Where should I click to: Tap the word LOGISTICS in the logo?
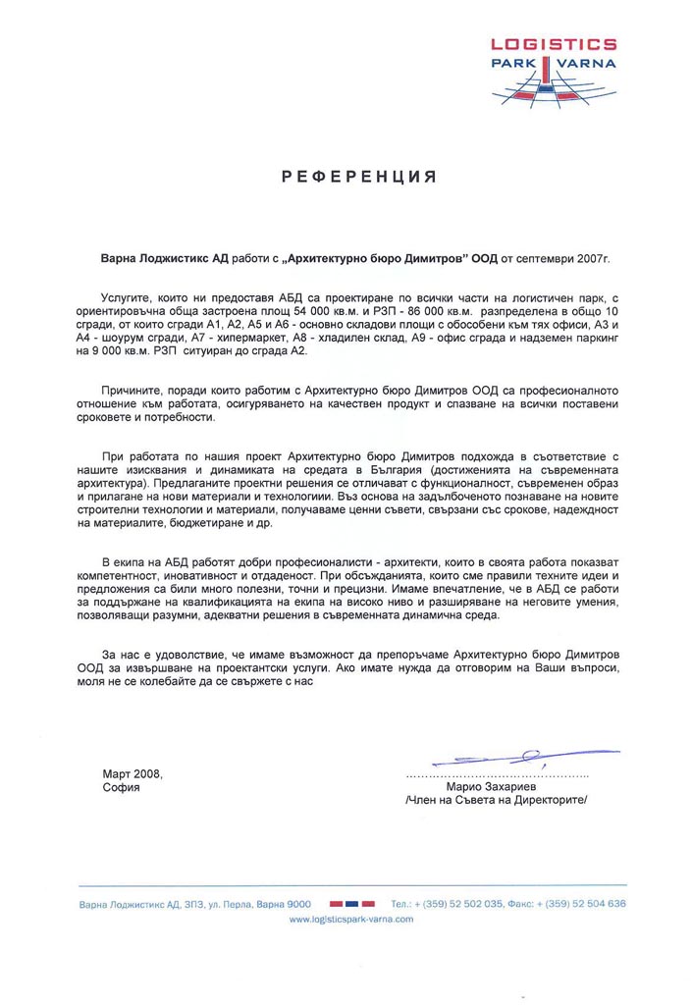[x=556, y=44]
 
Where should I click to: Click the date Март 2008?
[x=132, y=772]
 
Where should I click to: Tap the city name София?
[x=121, y=787]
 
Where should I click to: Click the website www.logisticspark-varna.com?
[x=350, y=920]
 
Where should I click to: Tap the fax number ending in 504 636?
[x=585, y=903]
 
